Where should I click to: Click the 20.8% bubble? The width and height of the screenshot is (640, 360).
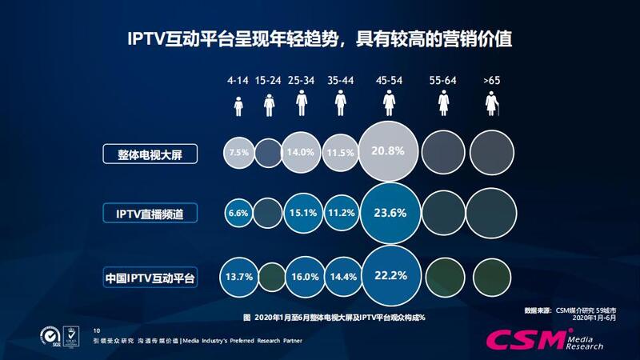pyautogui.click(x=389, y=151)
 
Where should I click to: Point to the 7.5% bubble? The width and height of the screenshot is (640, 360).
pyautogui.click(x=238, y=151)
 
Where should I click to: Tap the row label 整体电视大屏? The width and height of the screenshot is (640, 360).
pyautogui.click(x=150, y=152)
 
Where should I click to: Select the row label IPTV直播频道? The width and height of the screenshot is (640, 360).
pyautogui.click(x=150, y=214)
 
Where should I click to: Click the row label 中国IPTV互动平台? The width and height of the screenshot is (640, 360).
pyautogui.click(x=150, y=278)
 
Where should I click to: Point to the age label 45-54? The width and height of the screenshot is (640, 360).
pyautogui.click(x=389, y=81)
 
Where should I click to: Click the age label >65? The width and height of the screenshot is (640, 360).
pyautogui.click(x=490, y=81)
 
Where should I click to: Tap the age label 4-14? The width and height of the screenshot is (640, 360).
pyautogui.click(x=238, y=81)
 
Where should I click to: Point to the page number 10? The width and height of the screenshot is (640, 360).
pyautogui.click(x=97, y=330)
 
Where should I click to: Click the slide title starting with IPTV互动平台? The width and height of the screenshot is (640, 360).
pyautogui.click(x=320, y=38)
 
